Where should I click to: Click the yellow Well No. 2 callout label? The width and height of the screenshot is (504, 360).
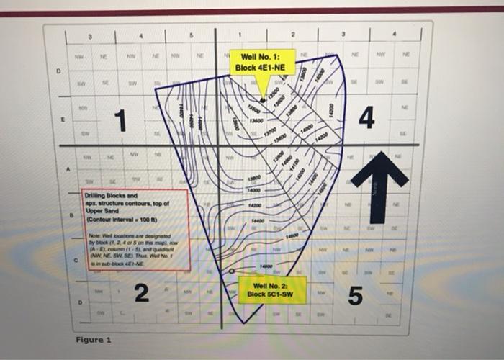(x=272, y=290)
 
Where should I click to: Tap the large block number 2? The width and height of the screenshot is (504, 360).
(x=142, y=293)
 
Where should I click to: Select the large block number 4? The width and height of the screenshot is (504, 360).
(x=366, y=117)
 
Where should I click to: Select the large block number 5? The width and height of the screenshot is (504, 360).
(x=354, y=294)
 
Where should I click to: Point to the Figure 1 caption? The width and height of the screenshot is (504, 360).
(x=94, y=339)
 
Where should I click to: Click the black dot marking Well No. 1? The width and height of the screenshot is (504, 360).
(x=262, y=101)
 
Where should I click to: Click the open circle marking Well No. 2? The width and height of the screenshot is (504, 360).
(x=232, y=271)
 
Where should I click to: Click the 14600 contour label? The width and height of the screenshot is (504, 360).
(x=290, y=235)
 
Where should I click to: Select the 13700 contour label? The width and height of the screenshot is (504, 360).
(x=269, y=130)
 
